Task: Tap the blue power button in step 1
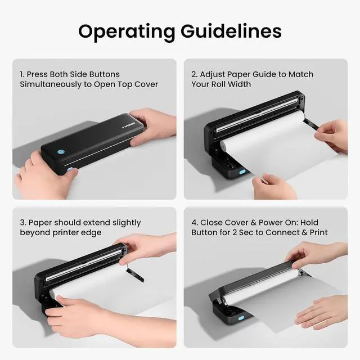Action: point(60,151)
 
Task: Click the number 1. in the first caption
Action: point(23,74)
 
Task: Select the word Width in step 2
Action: point(238,84)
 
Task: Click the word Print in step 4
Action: point(317,233)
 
